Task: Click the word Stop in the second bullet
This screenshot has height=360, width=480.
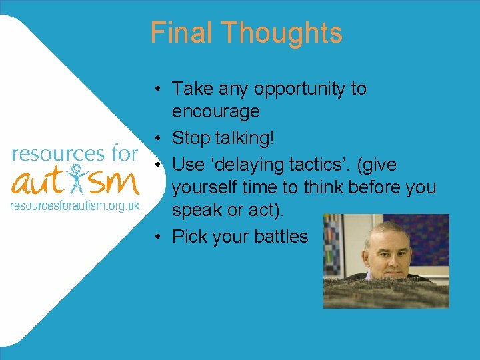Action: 189,138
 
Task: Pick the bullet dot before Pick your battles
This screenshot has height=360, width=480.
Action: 155,237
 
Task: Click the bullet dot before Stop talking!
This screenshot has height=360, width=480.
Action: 155,138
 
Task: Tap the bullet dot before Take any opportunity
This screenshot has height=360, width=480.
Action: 155,89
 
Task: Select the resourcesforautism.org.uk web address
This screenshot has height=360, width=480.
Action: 75,206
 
